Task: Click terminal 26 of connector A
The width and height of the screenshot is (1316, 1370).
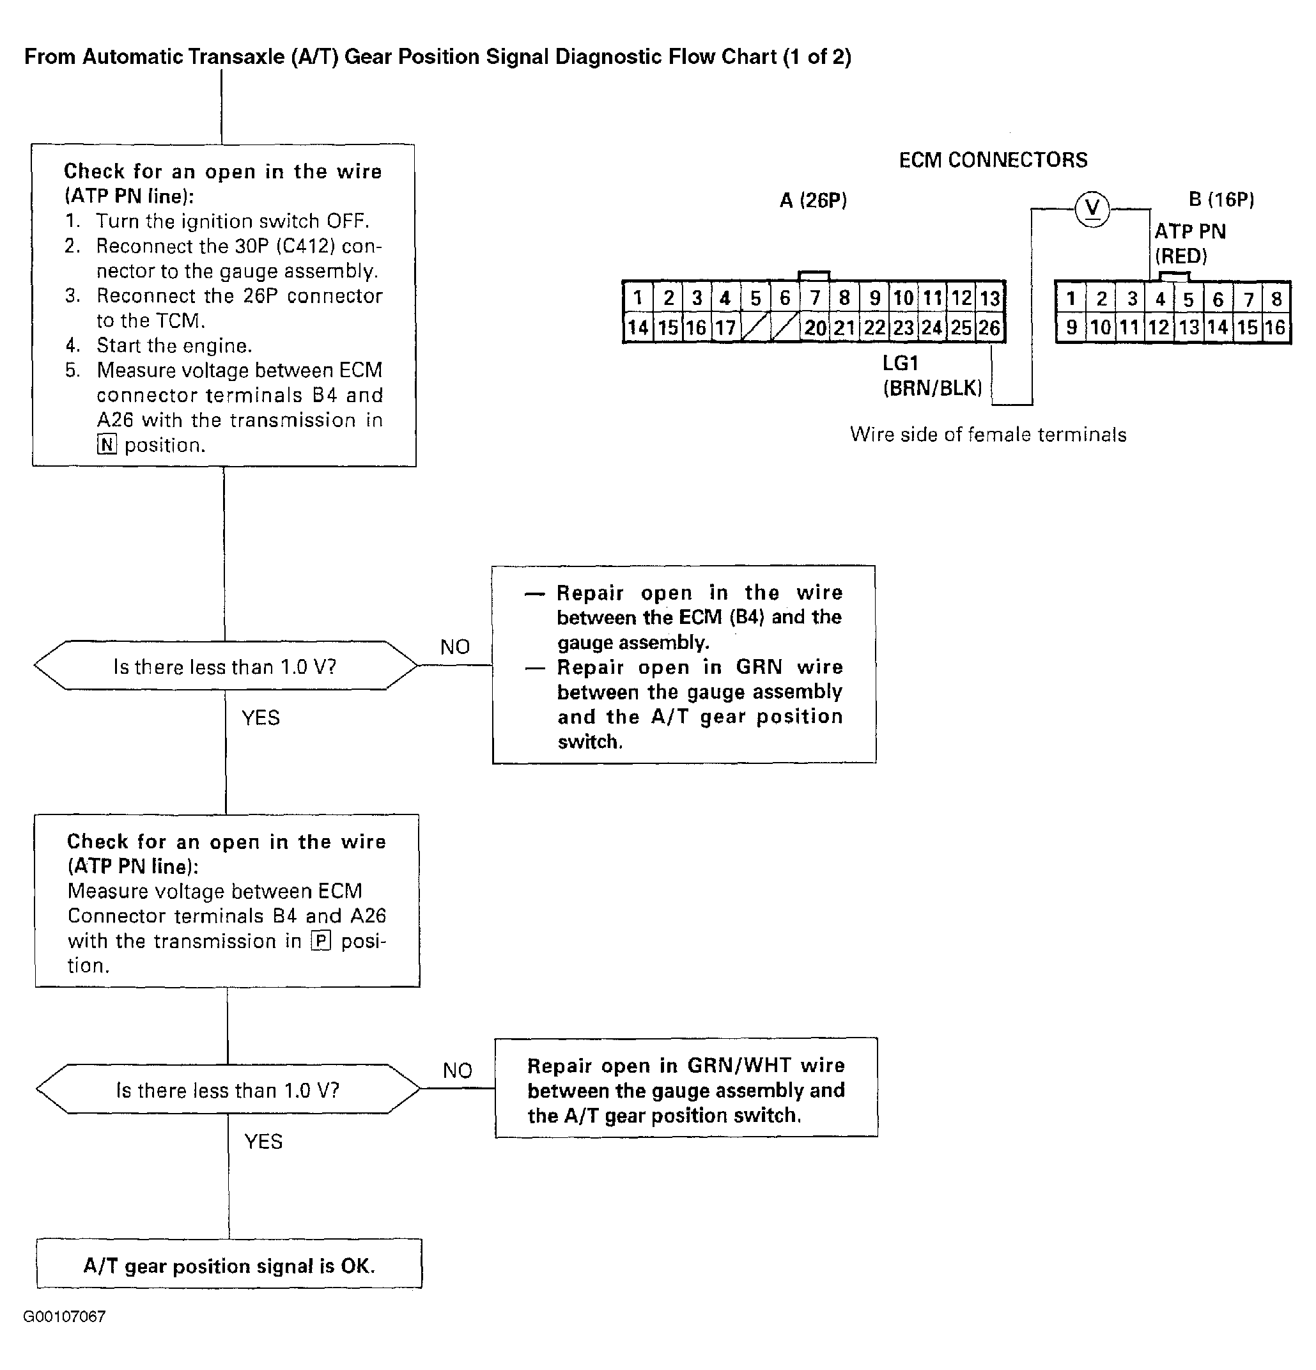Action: tap(989, 328)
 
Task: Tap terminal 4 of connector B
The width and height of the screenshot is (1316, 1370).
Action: tap(1160, 299)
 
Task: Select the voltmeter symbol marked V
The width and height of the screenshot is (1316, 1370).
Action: tap(1092, 208)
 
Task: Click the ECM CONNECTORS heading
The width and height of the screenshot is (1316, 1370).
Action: tap(993, 160)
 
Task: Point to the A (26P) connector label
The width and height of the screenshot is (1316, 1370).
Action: tap(813, 201)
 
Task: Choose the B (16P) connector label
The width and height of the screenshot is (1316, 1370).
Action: tap(1221, 200)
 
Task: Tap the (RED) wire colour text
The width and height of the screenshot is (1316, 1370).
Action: tap(1181, 256)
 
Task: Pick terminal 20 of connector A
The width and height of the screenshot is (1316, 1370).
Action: tap(815, 328)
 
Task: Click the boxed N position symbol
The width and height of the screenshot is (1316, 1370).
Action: tap(106, 444)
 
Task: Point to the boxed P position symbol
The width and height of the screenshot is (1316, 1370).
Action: tap(321, 941)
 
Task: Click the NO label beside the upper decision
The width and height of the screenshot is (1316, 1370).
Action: tap(455, 647)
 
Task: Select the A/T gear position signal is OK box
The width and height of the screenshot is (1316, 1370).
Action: tap(229, 1266)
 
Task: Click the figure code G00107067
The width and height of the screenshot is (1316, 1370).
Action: tap(65, 1317)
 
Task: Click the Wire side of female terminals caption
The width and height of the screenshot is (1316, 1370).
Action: tap(987, 435)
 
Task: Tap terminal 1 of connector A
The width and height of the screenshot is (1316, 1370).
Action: tap(637, 299)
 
